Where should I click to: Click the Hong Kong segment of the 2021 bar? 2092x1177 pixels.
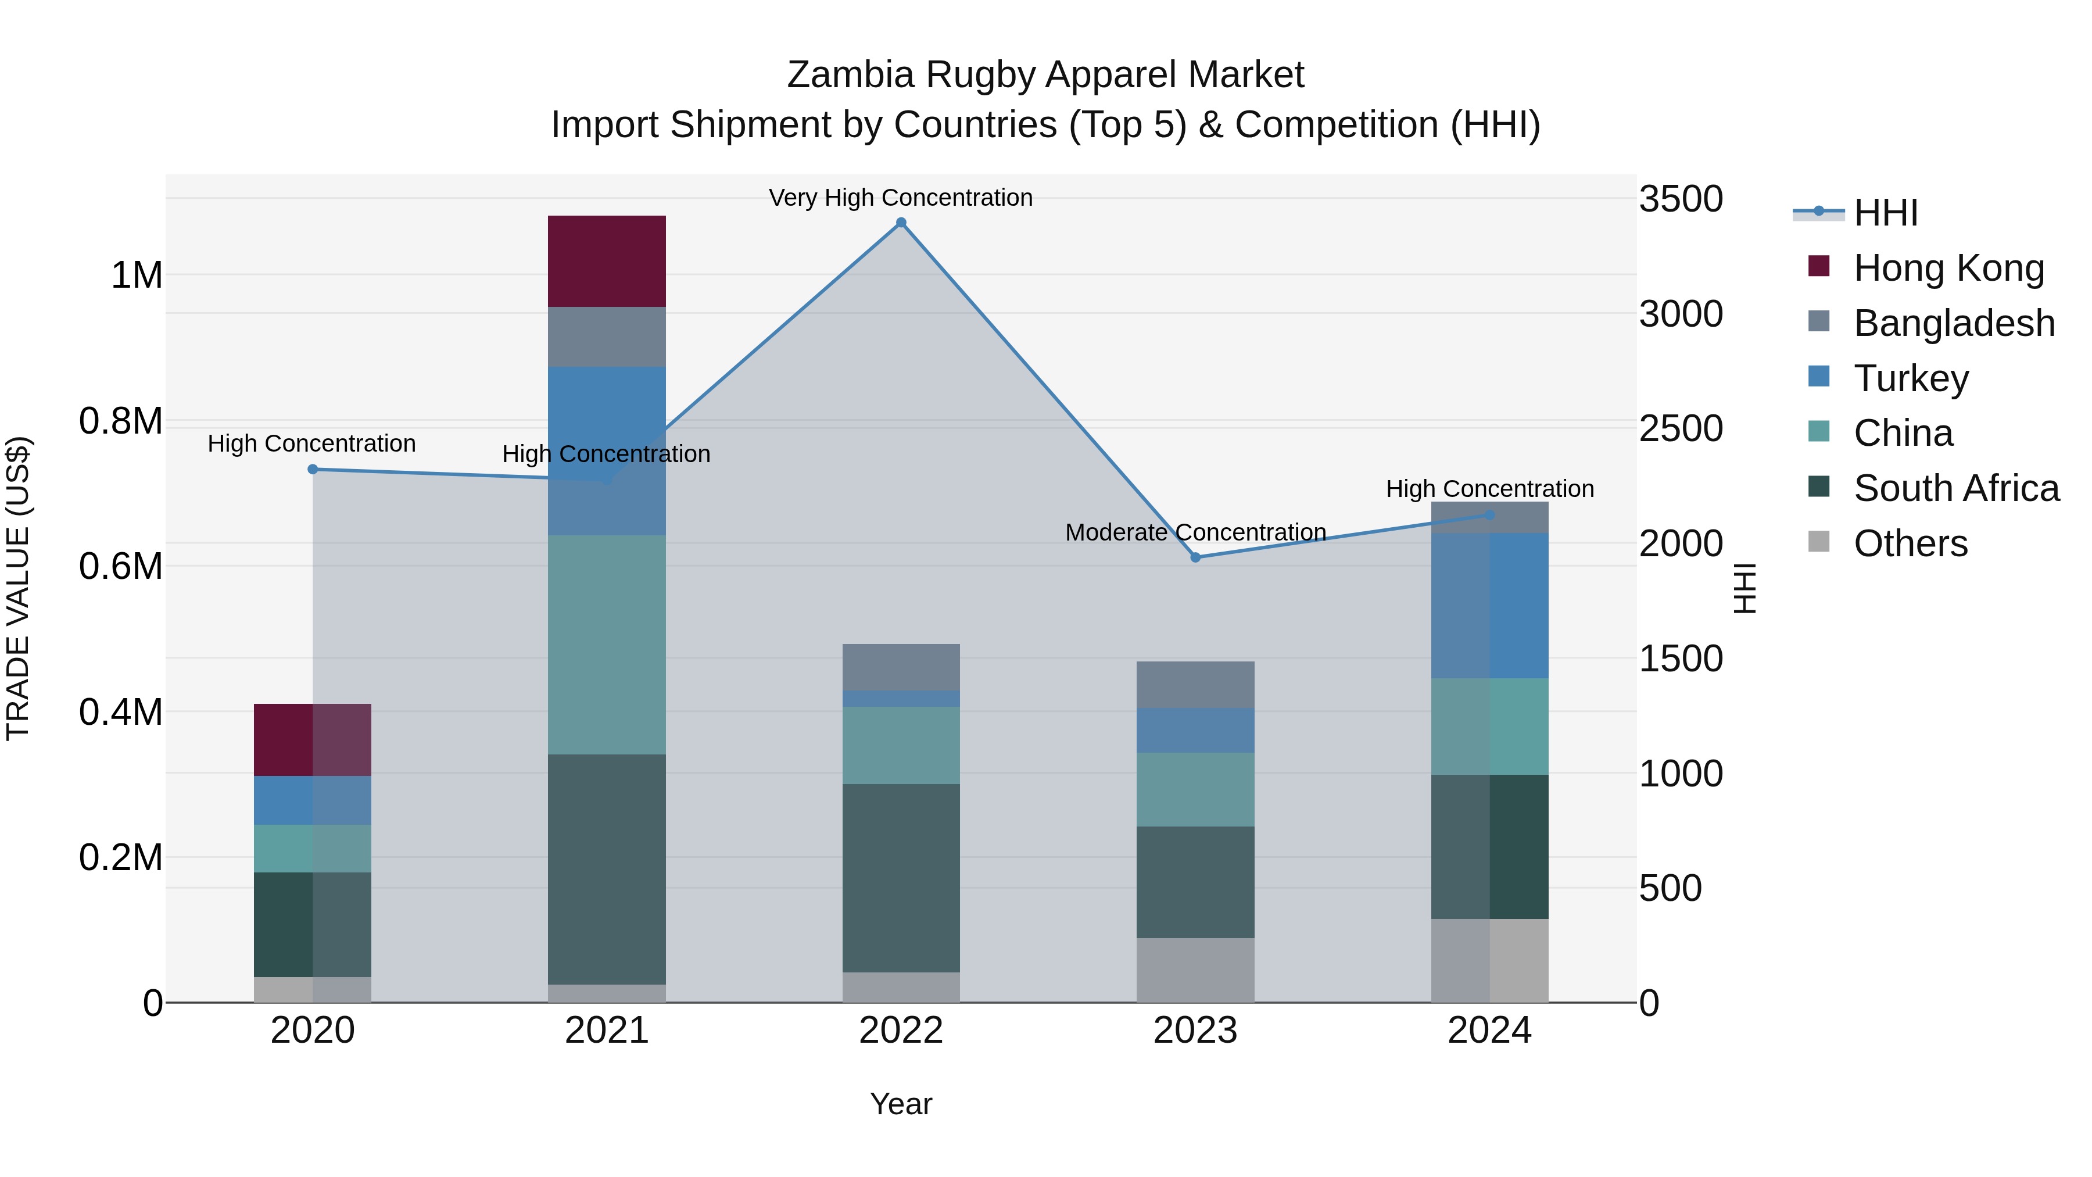607,261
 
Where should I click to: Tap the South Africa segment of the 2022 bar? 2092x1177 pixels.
901,877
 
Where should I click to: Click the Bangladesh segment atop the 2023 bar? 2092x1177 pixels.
1195,684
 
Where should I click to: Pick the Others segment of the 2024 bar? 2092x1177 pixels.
1489,960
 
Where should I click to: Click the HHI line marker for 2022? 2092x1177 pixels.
901,223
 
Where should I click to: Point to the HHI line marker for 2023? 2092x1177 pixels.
1195,557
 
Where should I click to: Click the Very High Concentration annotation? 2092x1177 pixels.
901,198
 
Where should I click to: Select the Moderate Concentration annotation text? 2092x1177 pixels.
1195,532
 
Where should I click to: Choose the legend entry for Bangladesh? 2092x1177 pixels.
1953,323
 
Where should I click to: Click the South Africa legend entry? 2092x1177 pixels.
1955,488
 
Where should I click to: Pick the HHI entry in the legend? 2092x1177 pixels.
1885,212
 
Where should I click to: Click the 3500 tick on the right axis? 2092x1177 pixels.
1680,199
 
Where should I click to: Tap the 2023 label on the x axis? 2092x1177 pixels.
1195,1030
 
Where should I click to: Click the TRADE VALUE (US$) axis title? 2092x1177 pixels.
18,588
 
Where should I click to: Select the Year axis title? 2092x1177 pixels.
901,1104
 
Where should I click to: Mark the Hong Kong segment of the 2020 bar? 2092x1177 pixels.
313,739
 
